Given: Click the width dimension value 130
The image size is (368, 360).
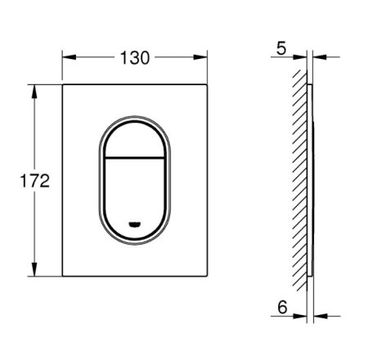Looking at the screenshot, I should (135, 57).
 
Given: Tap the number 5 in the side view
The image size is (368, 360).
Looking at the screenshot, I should (281, 51).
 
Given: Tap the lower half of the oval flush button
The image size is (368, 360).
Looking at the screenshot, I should (135, 192).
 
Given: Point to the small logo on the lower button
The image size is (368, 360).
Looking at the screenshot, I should (135, 223).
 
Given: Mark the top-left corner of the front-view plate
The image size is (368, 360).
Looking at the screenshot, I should (64, 83).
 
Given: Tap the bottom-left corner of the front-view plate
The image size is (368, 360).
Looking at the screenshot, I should (64, 277).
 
